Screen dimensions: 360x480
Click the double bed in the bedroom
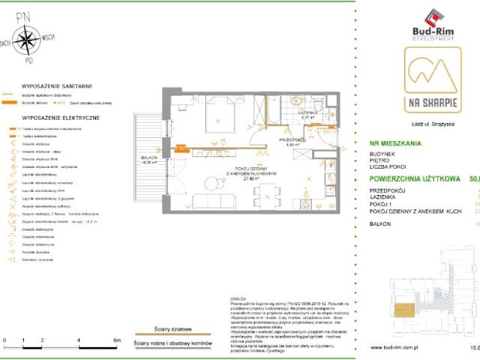218,112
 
